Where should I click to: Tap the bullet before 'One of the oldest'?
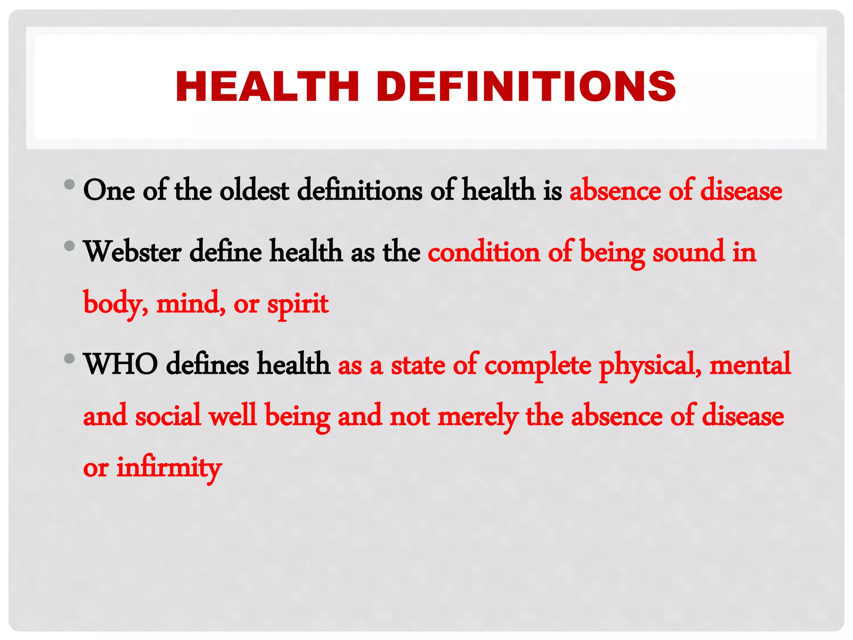70,184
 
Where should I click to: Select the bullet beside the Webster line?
70,246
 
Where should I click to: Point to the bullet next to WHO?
70,358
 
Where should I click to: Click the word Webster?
133,252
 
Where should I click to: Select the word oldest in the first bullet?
254,190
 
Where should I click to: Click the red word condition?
484,252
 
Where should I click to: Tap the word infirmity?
169,467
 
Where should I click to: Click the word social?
168,416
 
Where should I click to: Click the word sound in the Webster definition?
688,252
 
